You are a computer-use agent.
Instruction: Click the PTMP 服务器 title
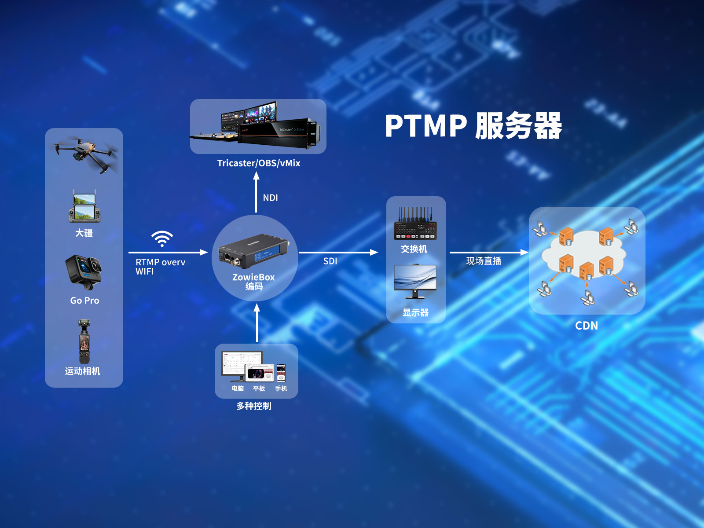pos(473,126)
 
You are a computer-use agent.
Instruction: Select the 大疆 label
pos(84,233)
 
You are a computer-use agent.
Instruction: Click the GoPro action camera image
pos(84,271)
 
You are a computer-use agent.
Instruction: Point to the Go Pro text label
pos(84,301)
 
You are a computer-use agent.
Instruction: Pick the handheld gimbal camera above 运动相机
pos(84,341)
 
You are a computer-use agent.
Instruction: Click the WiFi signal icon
pos(162,238)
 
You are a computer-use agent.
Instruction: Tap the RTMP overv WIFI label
pos(160,267)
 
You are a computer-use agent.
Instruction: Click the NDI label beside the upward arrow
pos(270,198)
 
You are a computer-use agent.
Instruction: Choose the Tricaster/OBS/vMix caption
pos(259,163)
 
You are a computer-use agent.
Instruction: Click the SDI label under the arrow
pos(330,261)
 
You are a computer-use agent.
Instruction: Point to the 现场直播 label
pos(484,261)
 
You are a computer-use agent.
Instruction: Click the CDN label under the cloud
pos(587,326)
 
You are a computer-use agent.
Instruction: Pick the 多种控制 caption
pos(254,406)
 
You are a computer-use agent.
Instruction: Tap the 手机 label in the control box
pos(281,389)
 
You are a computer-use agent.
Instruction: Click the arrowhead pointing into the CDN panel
pos(524,252)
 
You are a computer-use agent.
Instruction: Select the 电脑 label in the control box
pos(238,389)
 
